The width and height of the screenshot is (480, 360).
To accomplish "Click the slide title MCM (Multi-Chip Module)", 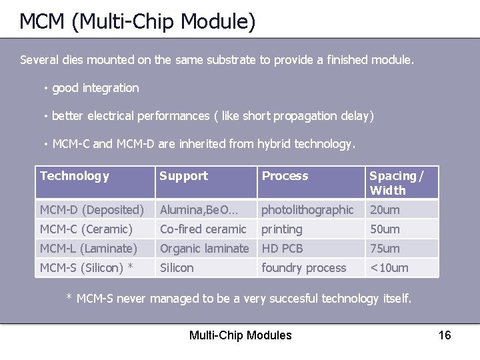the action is click(x=137, y=21).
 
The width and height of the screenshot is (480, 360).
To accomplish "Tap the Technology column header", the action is click(x=75, y=176).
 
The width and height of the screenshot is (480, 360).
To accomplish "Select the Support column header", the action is click(x=183, y=176).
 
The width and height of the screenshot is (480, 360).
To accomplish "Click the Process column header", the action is click(x=285, y=176).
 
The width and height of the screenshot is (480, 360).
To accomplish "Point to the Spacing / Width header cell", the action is click(x=396, y=183).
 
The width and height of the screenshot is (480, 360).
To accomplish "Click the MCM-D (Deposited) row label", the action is click(x=91, y=210).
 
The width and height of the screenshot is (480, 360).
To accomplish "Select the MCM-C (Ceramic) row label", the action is click(x=86, y=229).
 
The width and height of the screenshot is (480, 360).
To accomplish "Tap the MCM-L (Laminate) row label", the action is click(x=88, y=249).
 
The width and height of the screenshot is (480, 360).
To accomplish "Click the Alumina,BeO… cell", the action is click(x=198, y=210).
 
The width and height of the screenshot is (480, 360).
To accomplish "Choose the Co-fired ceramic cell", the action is click(x=203, y=229).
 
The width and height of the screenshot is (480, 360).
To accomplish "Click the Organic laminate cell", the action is click(x=204, y=249).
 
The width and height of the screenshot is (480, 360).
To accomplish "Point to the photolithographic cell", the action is click(x=307, y=210).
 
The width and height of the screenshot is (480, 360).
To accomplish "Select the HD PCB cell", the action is click(x=282, y=249).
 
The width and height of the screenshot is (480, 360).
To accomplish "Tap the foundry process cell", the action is click(x=303, y=268).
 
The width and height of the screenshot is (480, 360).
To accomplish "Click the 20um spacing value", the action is click(x=385, y=210).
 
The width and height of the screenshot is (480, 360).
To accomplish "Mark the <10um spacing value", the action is click(x=389, y=268).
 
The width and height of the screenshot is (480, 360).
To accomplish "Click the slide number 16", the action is click(x=445, y=335).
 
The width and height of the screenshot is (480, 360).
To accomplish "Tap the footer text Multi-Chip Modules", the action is click(x=240, y=335).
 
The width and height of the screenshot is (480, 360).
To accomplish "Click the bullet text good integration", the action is click(x=95, y=88).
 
